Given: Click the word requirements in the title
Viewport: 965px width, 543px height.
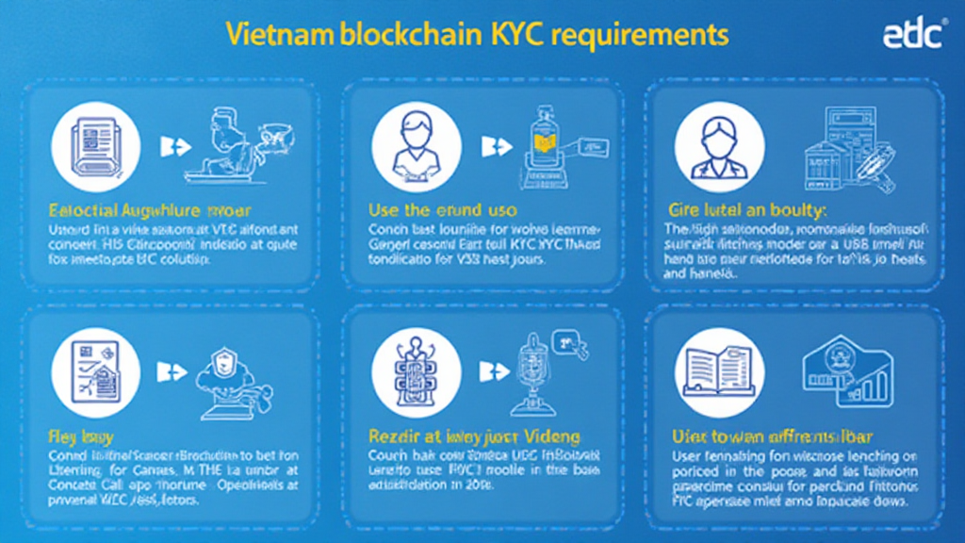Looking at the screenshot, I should point(641,35).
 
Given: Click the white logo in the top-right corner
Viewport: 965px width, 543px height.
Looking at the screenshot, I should point(913,35).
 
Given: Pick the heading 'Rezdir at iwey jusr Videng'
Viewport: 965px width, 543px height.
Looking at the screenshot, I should point(473,436).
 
